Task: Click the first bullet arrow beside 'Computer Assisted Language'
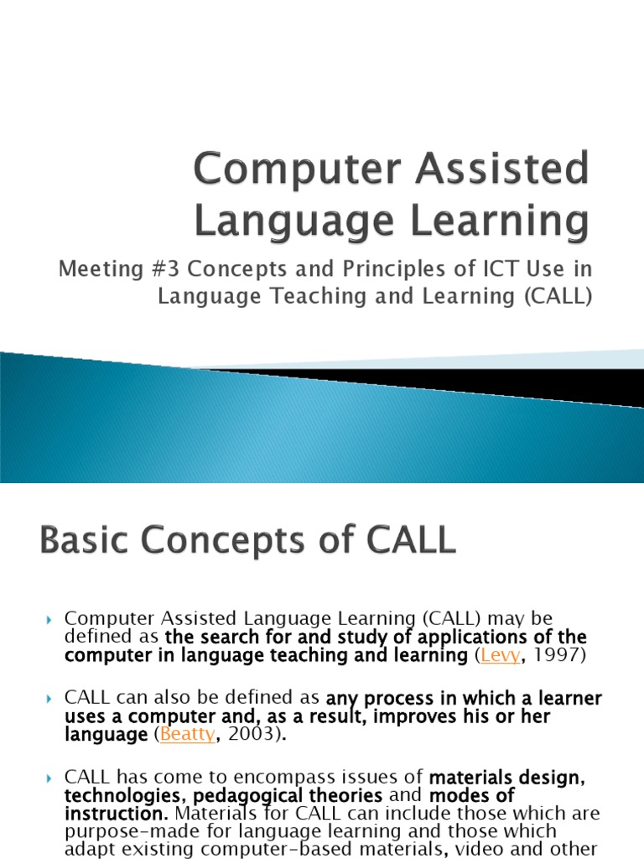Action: click(x=50, y=620)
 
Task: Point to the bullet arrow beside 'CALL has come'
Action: click(x=50, y=778)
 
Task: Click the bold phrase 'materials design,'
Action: click(x=507, y=777)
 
